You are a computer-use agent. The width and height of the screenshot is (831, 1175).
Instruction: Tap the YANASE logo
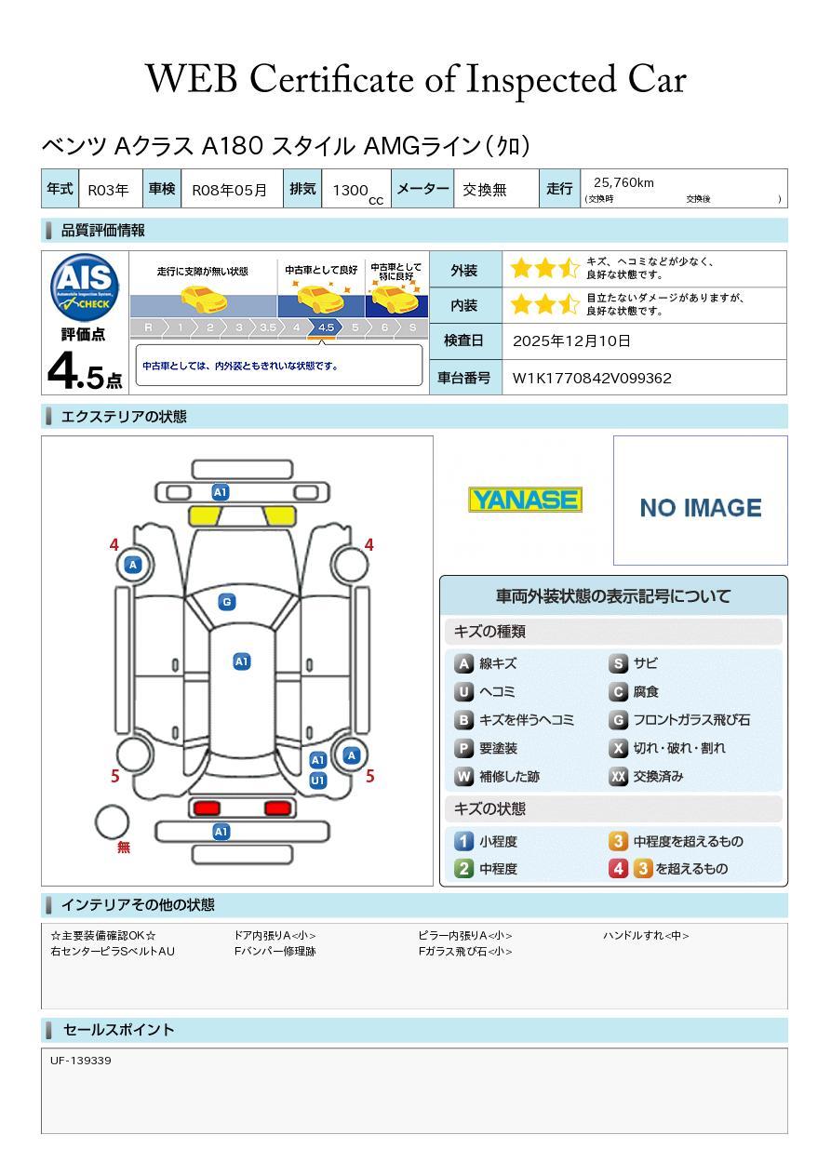point(525,501)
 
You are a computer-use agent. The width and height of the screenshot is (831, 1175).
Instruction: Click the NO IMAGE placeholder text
point(700,508)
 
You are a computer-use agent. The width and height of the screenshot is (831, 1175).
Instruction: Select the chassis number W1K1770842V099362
point(592,378)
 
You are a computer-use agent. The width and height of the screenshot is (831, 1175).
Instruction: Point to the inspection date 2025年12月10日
point(571,340)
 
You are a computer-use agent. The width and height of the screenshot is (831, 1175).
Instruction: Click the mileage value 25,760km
point(623,182)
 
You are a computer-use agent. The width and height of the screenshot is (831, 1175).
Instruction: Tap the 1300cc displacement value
point(354,190)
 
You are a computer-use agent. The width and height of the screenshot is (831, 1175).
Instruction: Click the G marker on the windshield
point(226,602)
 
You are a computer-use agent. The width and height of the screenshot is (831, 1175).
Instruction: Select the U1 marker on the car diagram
point(317,781)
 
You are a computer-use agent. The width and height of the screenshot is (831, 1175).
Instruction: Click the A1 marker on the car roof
point(241,661)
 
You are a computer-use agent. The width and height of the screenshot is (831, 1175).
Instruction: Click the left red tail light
point(204,808)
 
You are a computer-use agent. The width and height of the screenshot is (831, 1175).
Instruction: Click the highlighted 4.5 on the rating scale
point(326,327)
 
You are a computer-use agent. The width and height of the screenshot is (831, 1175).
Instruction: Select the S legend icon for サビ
point(618,664)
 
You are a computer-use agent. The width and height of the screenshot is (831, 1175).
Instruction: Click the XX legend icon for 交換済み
point(618,776)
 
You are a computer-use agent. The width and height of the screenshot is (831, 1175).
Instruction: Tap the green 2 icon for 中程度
point(463,869)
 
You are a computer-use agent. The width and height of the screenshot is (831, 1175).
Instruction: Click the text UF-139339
point(81,1061)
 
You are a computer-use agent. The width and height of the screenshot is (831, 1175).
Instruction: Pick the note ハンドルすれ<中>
point(646,936)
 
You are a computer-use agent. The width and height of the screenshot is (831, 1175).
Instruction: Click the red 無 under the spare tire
point(124,848)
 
